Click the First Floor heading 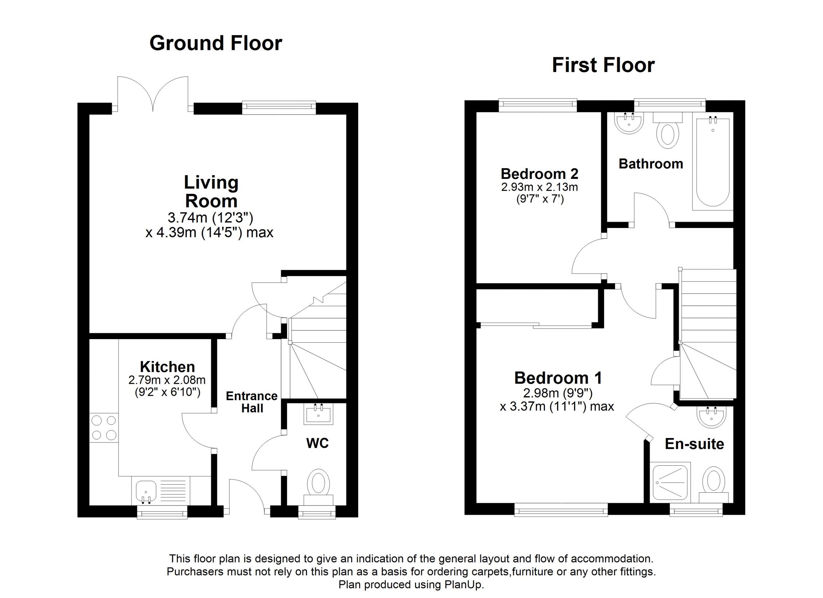603,66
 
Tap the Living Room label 211,191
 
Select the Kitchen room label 167,367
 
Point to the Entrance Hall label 251,402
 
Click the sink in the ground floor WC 318,414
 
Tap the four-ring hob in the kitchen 104,428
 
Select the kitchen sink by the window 146,490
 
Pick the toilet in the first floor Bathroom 668,133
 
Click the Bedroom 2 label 539,174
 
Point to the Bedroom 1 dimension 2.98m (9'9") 558,393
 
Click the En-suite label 694,444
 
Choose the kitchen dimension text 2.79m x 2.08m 167,380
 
